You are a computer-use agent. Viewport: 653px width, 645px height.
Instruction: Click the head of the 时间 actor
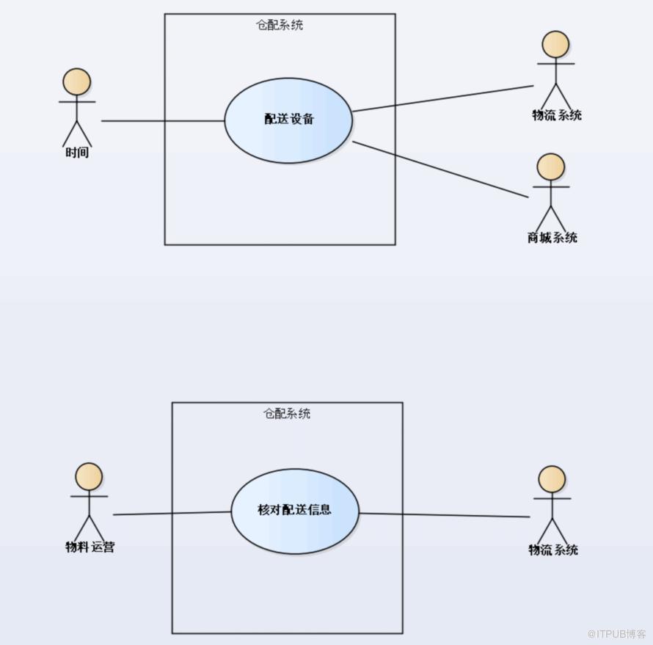pyautogui.click(x=76, y=82)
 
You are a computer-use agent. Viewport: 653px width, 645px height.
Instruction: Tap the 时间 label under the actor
pyautogui.click(x=77, y=153)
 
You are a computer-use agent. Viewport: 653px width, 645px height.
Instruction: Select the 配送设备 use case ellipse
pyautogui.click(x=288, y=120)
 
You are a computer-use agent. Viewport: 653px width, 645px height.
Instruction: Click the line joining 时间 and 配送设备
pyautogui.click(x=163, y=121)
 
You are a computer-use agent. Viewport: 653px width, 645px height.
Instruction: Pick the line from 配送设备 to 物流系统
pyautogui.click(x=443, y=98)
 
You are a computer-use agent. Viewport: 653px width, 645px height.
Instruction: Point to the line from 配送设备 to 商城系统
pyautogui.click(x=441, y=170)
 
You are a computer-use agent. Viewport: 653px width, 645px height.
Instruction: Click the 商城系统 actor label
pyautogui.click(x=552, y=238)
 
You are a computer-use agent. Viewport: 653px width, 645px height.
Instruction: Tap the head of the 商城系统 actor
pyautogui.click(x=551, y=167)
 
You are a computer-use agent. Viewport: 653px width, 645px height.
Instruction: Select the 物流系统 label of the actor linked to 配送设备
pyautogui.click(x=557, y=115)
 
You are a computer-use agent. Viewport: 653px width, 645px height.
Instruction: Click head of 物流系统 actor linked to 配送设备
pyautogui.click(x=555, y=44)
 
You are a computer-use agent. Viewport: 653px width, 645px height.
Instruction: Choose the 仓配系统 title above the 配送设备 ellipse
pyautogui.click(x=280, y=26)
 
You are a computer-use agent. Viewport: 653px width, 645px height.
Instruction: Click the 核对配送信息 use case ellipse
pyautogui.click(x=295, y=511)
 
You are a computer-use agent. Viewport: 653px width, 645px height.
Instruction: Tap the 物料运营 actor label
pyautogui.click(x=90, y=547)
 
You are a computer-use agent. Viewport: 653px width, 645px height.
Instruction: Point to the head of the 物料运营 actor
pyautogui.click(x=89, y=476)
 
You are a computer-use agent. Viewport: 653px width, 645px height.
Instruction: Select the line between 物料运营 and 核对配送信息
pyautogui.click(x=172, y=513)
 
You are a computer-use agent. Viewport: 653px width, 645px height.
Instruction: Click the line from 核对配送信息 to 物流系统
pyautogui.click(x=445, y=515)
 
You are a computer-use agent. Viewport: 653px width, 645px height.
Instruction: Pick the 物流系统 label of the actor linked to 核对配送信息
pyautogui.click(x=553, y=550)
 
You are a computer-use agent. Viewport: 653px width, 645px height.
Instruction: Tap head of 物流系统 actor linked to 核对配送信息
pyautogui.click(x=552, y=479)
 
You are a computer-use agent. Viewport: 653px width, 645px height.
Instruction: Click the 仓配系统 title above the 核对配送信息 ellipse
pyautogui.click(x=287, y=413)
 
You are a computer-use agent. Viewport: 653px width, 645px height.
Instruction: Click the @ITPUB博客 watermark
pyautogui.click(x=616, y=634)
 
